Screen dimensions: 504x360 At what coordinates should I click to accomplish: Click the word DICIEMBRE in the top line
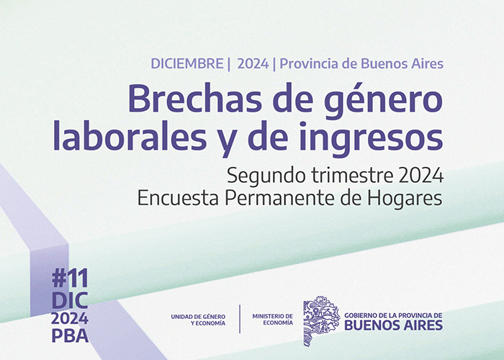pyautogui.click(x=187, y=63)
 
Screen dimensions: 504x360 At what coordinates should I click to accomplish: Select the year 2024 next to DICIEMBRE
pyautogui.click(x=253, y=63)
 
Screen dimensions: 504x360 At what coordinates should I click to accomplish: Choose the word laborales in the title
pyautogui.click(x=130, y=136)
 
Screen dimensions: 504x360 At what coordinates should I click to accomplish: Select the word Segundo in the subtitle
pyautogui.click(x=267, y=176)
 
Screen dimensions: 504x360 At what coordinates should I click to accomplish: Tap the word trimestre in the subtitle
pyautogui.click(x=352, y=176)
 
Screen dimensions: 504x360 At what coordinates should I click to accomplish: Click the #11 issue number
pyautogui.click(x=70, y=279)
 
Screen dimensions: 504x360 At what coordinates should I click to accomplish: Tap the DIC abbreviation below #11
pyautogui.click(x=70, y=300)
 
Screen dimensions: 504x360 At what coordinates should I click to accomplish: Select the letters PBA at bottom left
pyautogui.click(x=70, y=336)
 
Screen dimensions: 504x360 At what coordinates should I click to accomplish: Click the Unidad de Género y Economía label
pyautogui.click(x=198, y=320)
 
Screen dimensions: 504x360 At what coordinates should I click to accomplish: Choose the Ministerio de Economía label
pyautogui.click(x=273, y=320)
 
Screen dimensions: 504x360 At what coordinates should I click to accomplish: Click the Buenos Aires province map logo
pyautogui.click(x=321, y=320)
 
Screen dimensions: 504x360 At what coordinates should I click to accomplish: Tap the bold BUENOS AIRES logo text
pyautogui.click(x=393, y=325)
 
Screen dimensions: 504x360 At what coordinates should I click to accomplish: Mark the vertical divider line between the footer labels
pyautogui.click(x=240, y=319)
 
